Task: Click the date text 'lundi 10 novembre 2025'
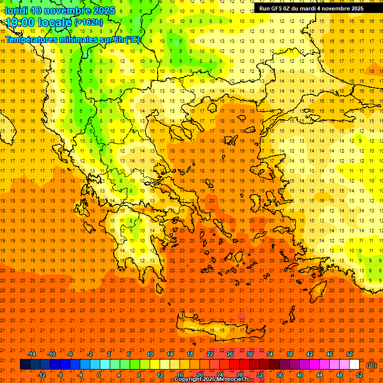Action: point(60,10)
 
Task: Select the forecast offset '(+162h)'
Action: point(88,22)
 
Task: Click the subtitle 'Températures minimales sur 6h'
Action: point(65,40)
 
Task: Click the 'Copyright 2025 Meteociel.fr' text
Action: point(211,379)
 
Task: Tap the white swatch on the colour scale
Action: point(354,365)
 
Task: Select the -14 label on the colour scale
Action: point(32,354)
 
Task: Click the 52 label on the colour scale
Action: point(360,375)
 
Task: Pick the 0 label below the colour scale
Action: point(99,375)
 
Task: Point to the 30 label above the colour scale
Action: point(249,354)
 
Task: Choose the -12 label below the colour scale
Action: point(42,375)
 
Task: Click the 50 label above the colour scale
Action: point(349,354)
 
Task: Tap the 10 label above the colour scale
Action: point(150,354)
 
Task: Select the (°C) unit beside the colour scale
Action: point(372,365)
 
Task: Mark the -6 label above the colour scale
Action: point(70,354)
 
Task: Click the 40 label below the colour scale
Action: point(299,375)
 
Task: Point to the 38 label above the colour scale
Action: point(289,354)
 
